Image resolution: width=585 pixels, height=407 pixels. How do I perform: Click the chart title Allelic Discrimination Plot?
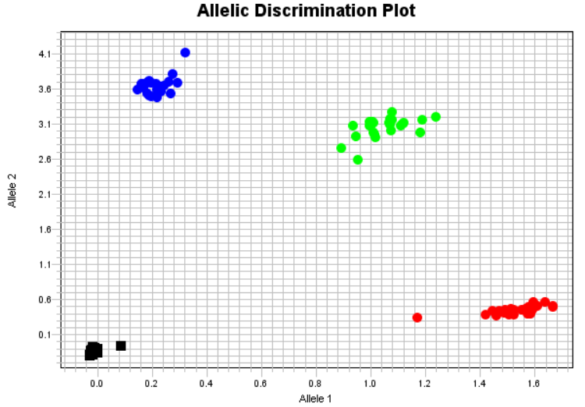306,11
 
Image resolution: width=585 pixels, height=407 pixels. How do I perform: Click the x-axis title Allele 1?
315,398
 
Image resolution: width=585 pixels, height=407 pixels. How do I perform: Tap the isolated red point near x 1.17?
417,317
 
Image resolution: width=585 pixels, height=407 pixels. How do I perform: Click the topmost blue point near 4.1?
185,52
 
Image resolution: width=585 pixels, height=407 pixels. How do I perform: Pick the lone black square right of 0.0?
121,345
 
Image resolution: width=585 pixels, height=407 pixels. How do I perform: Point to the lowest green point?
358,160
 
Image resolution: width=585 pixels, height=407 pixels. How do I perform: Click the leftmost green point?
341,148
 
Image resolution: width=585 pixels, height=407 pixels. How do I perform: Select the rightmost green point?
436,117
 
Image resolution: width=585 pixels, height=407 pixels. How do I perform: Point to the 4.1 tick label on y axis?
44,54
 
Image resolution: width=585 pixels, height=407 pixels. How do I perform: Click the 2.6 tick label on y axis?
44,159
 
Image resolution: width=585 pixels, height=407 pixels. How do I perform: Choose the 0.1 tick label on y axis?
44,334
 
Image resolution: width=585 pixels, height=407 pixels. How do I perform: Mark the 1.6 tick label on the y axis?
44,229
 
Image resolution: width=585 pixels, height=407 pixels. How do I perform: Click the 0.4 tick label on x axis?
206,383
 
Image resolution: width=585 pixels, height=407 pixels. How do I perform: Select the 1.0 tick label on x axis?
370,383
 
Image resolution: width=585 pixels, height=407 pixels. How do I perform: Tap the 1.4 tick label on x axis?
480,383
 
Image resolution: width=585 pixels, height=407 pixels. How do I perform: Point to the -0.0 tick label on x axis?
95,383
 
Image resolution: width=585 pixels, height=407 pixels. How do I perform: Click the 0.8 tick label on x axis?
316,383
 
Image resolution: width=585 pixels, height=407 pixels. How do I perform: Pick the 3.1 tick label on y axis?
44,124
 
